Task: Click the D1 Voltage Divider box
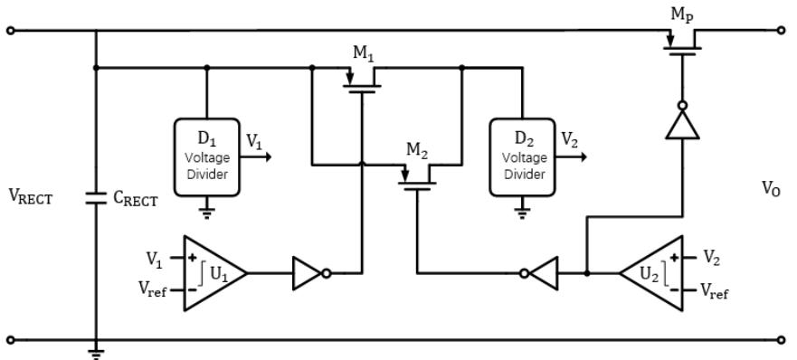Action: (x=206, y=157)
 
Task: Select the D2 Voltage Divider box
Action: (x=521, y=157)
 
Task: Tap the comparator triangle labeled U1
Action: (x=215, y=273)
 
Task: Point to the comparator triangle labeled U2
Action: (x=651, y=273)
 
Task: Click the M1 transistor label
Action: (x=363, y=54)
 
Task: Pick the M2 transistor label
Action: (x=417, y=150)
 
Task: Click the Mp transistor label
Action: (x=682, y=15)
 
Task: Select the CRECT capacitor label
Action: (x=136, y=200)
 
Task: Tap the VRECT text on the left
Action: (x=31, y=196)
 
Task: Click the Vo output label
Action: (x=771, y=190)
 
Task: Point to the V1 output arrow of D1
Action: (x=256, y=157)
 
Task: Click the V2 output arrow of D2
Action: (x=571, y=157)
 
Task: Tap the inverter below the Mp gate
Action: (x=683, y=120)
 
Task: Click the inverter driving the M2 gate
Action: (x=539, y=273)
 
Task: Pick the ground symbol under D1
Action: (x=206, y=213)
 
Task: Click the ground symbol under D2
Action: (x=521, y=213)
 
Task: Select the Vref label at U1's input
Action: (x=153, y=289)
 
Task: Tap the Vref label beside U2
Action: (x=714, y=291)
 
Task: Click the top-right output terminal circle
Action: (x=782, y=31)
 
